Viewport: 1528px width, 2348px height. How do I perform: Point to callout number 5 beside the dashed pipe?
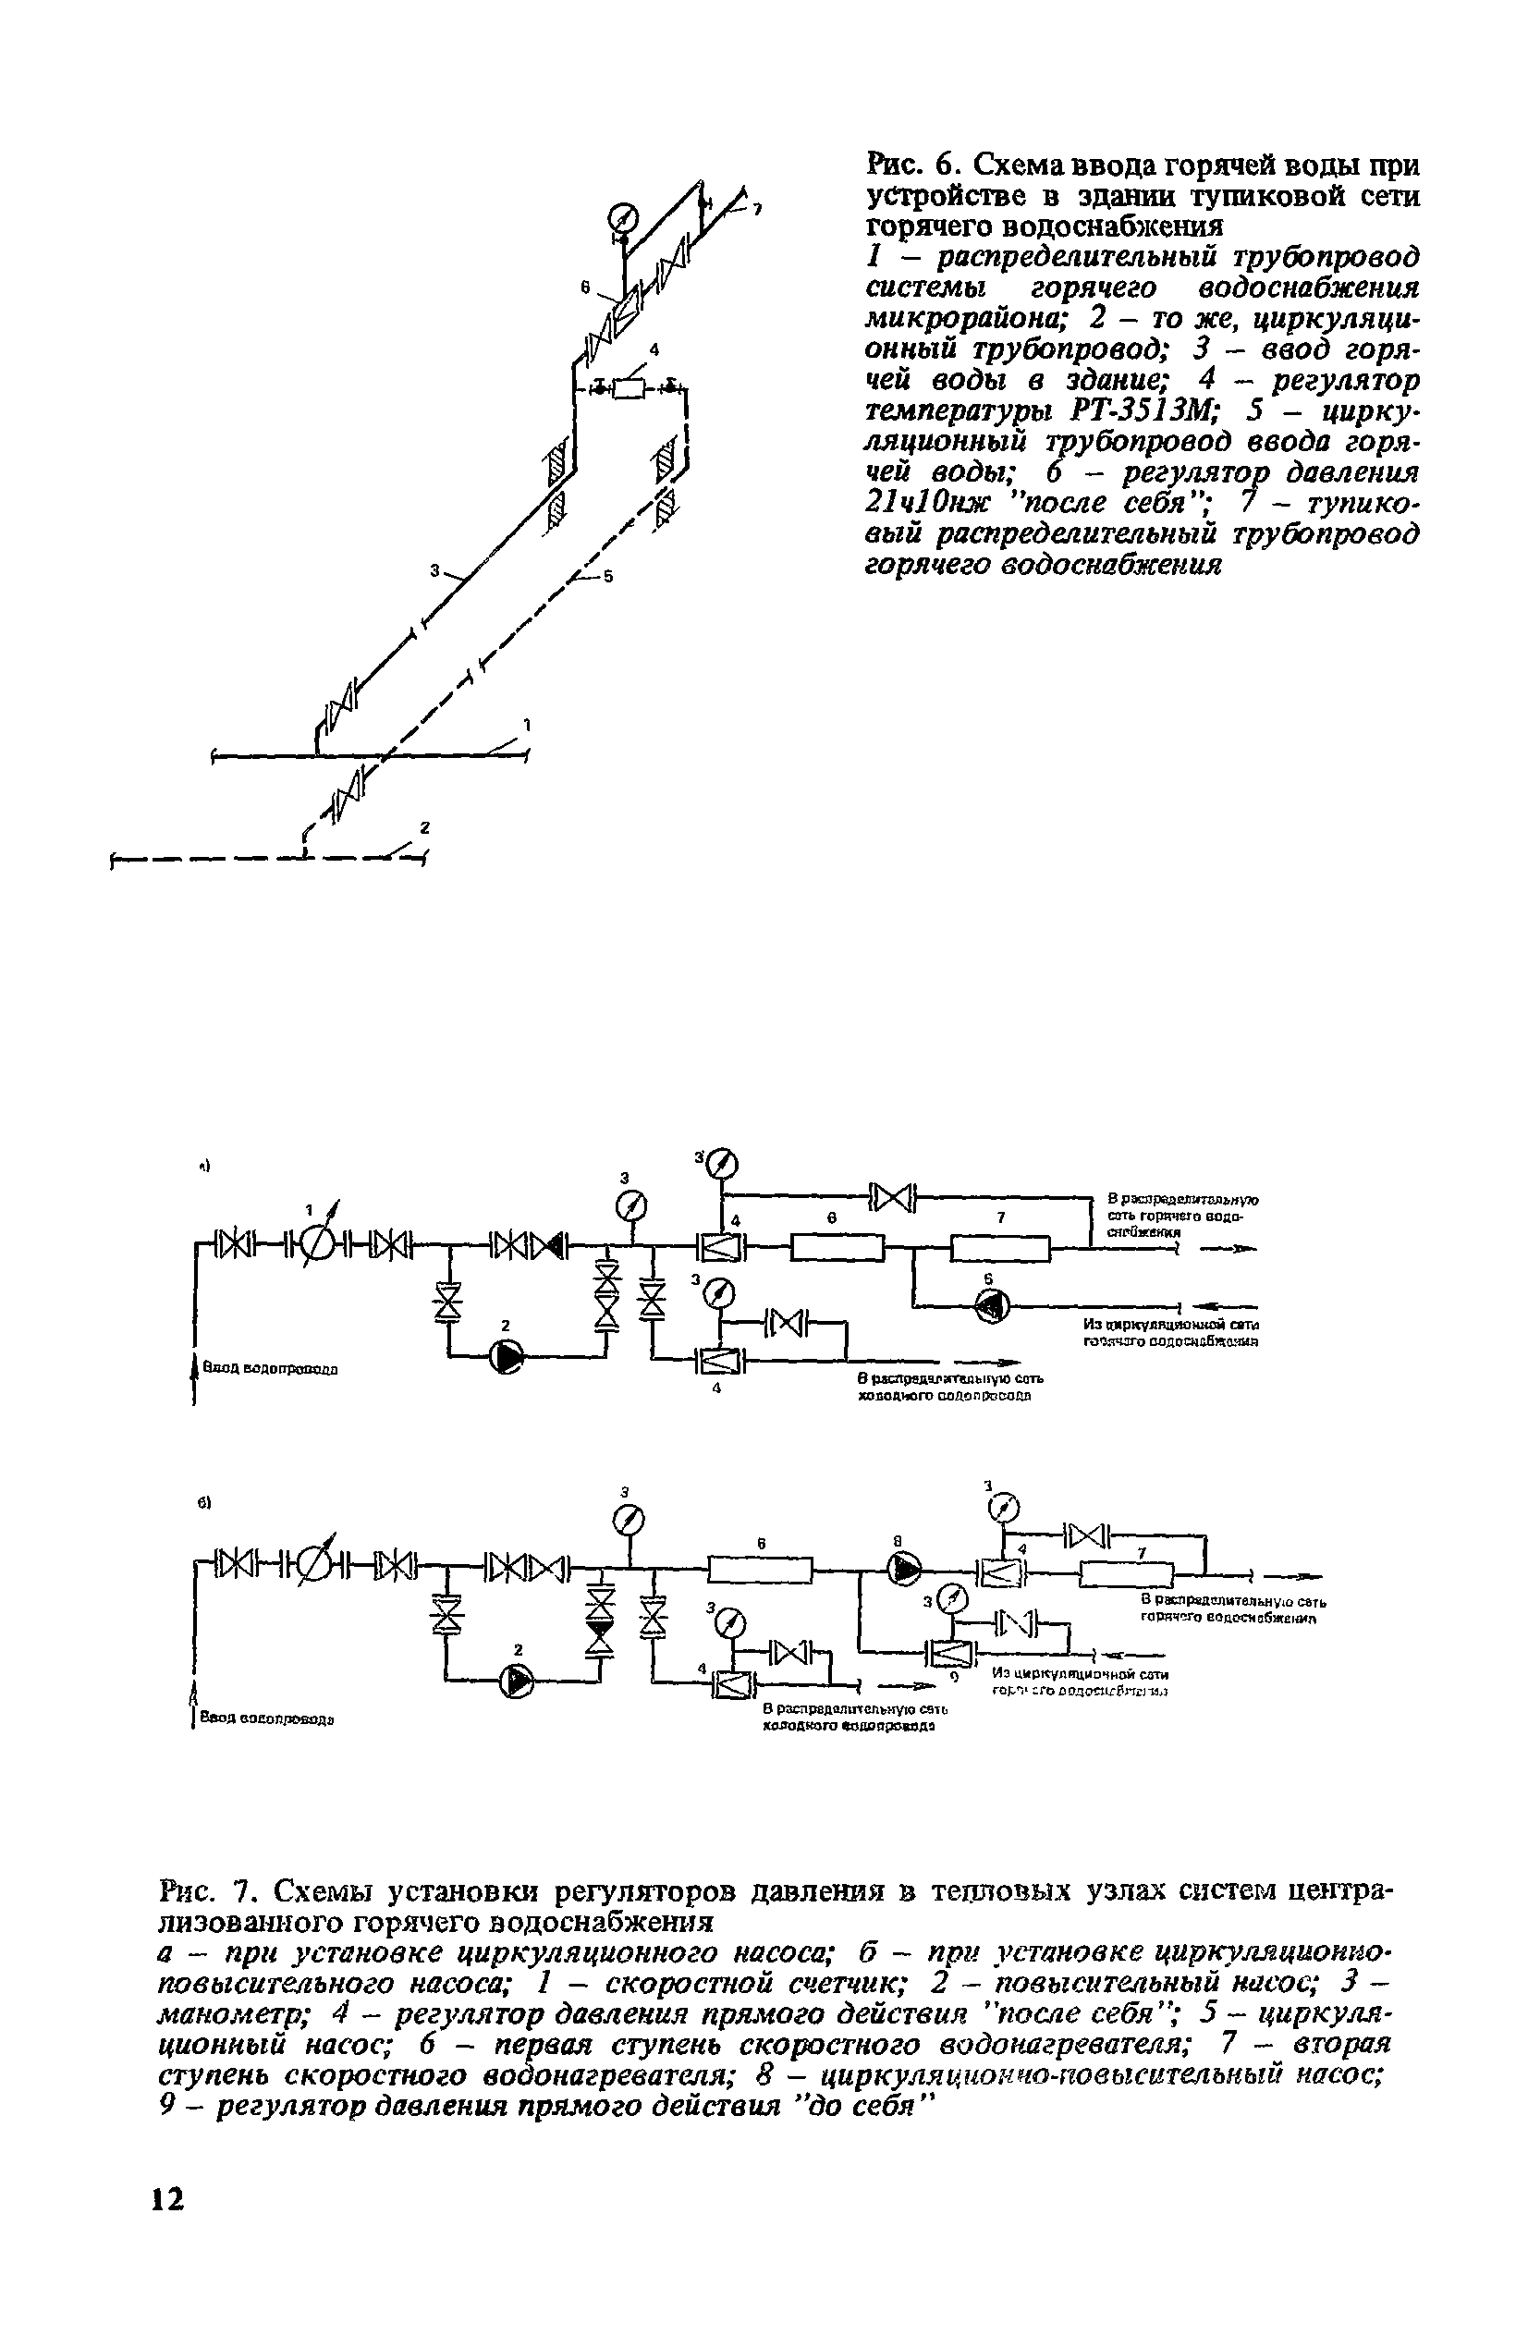pyautogui.click(x=608, y=576)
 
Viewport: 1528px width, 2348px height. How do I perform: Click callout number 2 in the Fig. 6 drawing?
pyautogui.click(x=425, y=826)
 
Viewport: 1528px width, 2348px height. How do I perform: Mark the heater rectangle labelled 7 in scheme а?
pyautogui.click(x=1000, y=1248)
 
